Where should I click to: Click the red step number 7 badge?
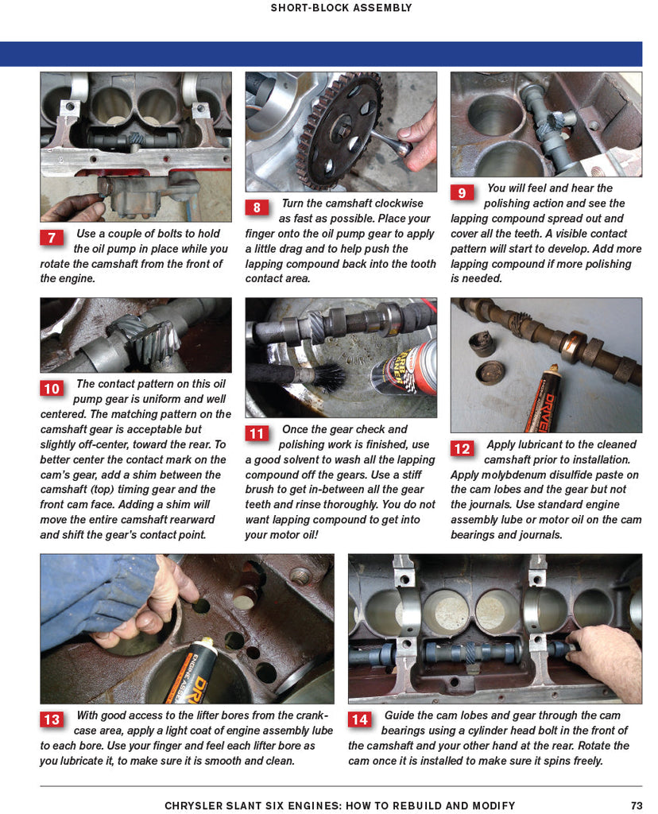click(x=52, y=238)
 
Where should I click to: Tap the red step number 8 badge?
click(x=257, y=207)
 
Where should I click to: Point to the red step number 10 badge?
click(x=52, y=389)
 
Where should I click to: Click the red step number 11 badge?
click(x=257, y=434)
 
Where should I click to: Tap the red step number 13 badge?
click(x=52, y=719)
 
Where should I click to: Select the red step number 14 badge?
click(x=360, y=719)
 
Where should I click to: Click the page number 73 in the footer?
click(x=636, y=805)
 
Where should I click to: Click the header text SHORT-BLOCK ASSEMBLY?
click(x=341, y=8)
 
